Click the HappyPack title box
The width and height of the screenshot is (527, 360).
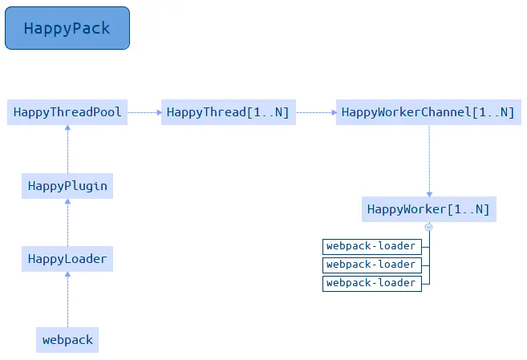(x=67, y=28)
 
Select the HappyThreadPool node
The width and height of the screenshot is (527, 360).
(x=67, y=112)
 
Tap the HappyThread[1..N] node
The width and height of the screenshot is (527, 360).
(x=228, y=112)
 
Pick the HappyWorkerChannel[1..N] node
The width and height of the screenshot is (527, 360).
(x=428, y=112)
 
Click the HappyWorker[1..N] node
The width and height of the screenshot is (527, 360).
(x=428, y=209)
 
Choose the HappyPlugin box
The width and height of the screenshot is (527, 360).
(x=67, y=186)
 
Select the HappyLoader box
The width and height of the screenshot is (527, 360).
(x=67, y=259)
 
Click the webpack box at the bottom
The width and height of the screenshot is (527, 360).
(x=67, y=340)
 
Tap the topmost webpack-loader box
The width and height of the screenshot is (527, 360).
(x=371, y=245)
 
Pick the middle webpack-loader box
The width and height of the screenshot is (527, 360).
(x=371, y=265)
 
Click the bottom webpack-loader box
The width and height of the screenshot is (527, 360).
(x=371, y=283)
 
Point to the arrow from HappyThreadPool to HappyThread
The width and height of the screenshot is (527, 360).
(x=144, y=112)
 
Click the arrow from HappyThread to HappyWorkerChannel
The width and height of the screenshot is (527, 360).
(x=315, y=112)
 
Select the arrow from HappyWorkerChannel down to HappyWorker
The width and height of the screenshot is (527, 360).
(x=428, y=160)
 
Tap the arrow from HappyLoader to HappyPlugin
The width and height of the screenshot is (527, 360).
(x=67, y=223)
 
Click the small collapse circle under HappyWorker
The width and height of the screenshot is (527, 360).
(x=428, y=227)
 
